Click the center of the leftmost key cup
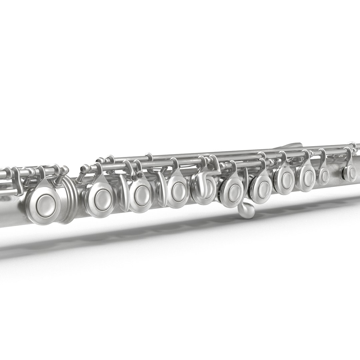point(44,203)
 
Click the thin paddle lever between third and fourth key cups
point(161,191)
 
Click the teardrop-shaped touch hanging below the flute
point(246,211)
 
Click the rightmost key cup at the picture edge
point(351,172)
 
